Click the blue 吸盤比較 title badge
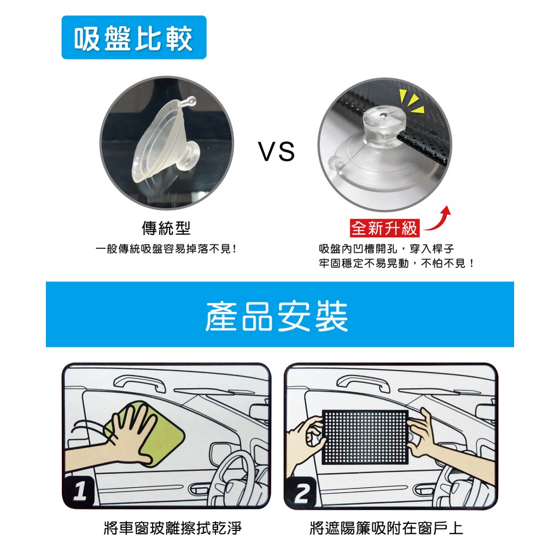pos(134,37)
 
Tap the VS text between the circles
pos(276,151)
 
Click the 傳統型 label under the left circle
pos(166,228)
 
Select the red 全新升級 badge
pos(384,228)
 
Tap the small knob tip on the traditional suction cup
pos(191,101)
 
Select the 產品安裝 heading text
pos(277,316)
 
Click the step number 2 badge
pos(301,494)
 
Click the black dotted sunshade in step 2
pos(365,437)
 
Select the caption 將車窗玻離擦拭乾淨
pos(173,528)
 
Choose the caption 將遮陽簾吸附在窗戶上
pos(387,528)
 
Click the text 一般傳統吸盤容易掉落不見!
pos(166,249)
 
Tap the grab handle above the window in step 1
pos(139,384)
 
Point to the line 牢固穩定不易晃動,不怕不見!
pos(397,264)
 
